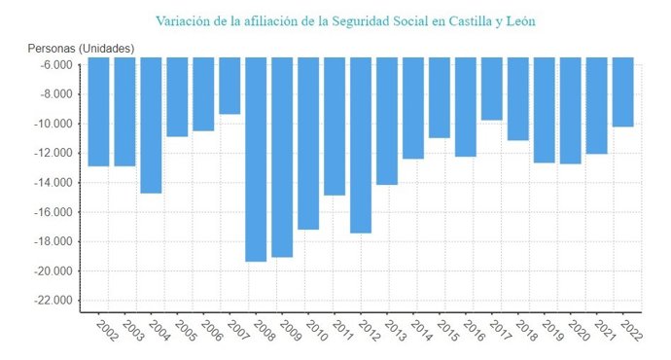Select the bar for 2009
point(282,157)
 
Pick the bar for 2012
point(361,145)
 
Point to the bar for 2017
point(492,89)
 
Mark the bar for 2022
point(623,91)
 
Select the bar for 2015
point(440,97)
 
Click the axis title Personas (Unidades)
point(82,49)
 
